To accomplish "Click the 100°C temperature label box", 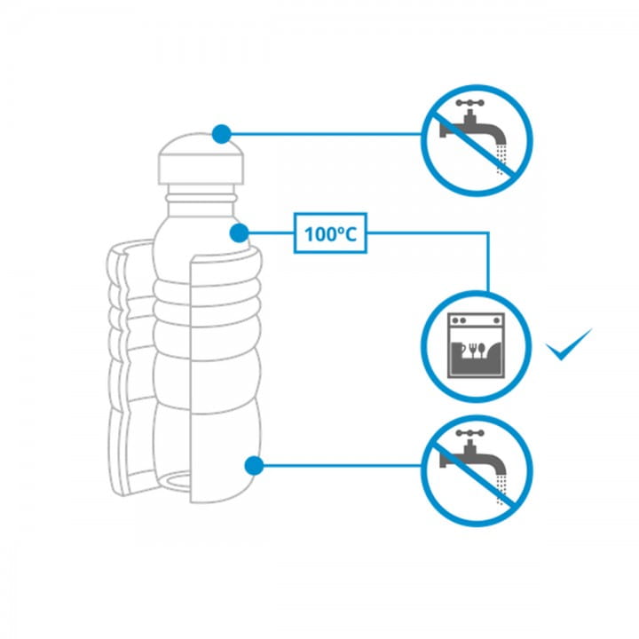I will pyautogui.click(x=330, y=234).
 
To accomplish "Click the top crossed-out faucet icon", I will pyautogui.click(x=477, y=140).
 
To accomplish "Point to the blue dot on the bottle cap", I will pyautogui.click(x=222, y=134).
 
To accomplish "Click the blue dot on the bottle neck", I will pyautogui.click(x=238, y=233).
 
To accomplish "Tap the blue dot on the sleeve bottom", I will pyautogui.click(x=255, y=464).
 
